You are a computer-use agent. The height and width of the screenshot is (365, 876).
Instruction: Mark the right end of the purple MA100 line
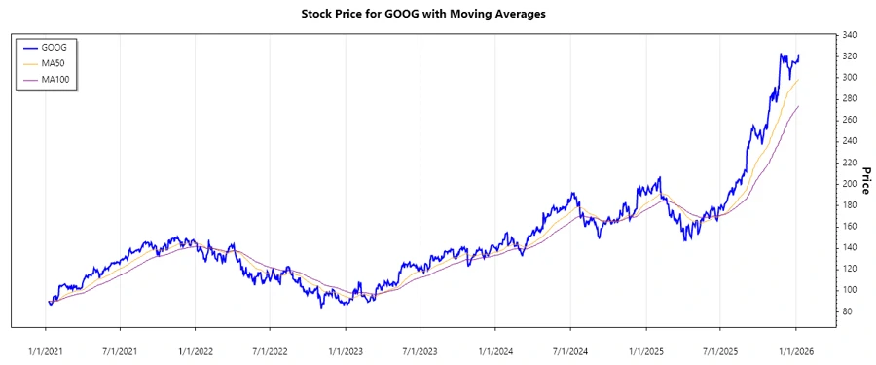click(798, 106)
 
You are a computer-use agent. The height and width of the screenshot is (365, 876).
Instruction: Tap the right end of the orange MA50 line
click(798, 80)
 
